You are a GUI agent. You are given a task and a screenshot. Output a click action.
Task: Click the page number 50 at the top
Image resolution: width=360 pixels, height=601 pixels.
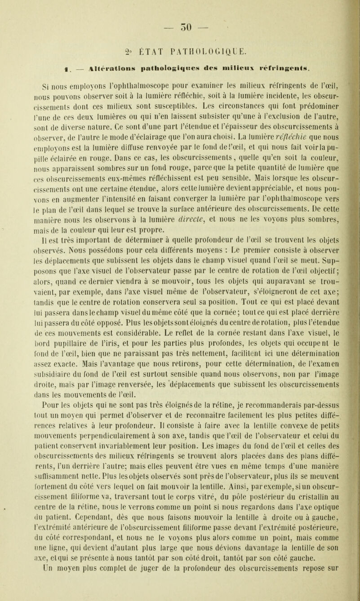[180, 10]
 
